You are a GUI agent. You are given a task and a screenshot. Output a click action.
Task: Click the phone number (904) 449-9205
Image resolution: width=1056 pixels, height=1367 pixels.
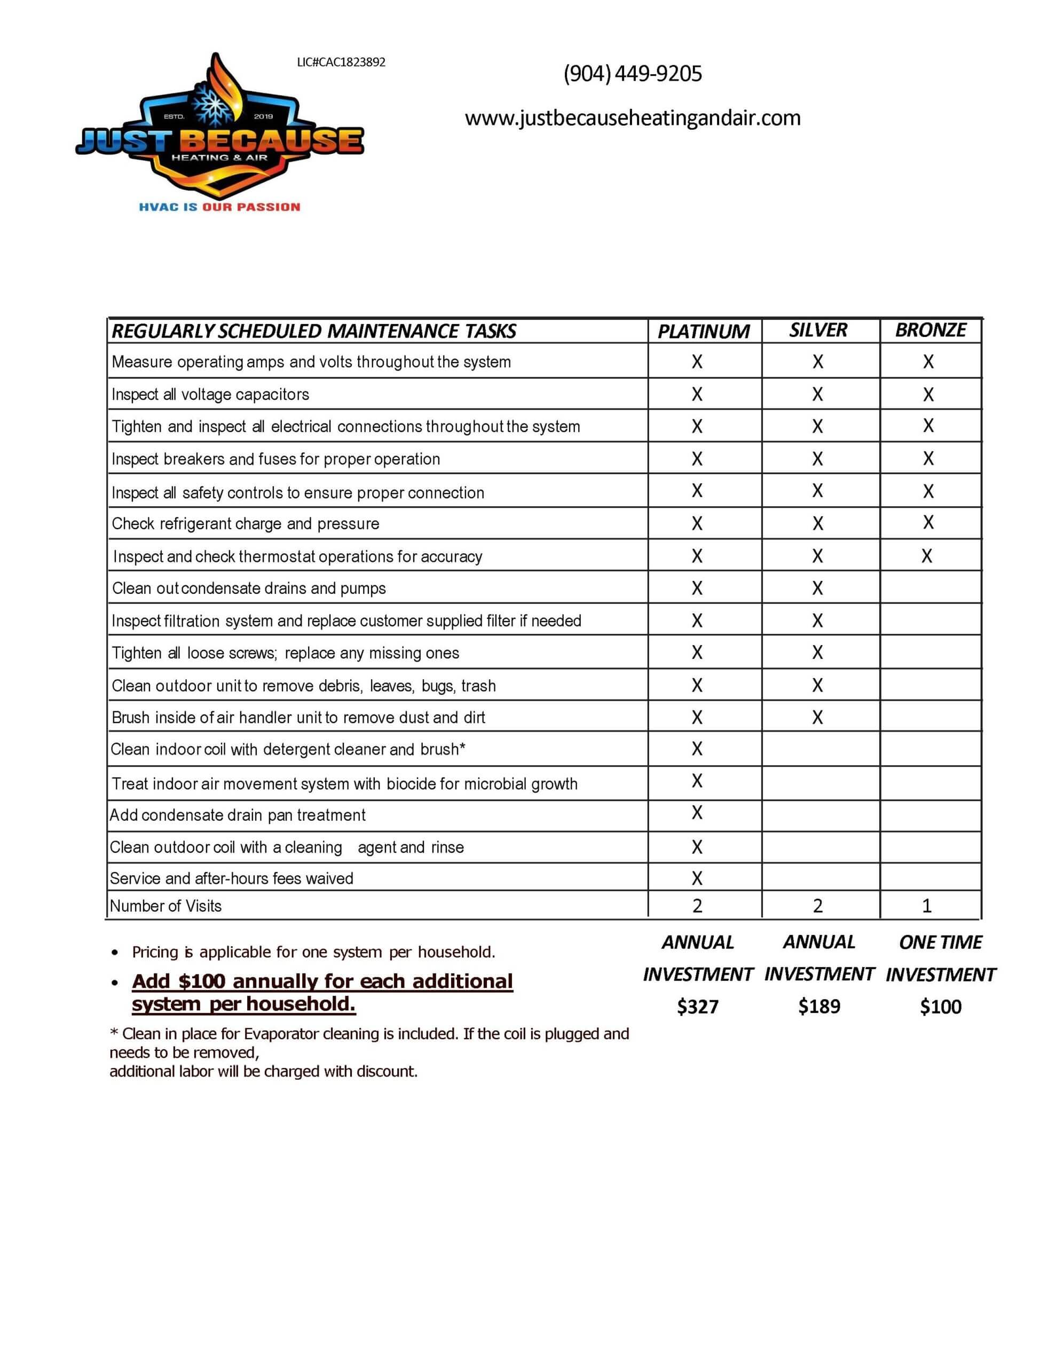pos(632,74)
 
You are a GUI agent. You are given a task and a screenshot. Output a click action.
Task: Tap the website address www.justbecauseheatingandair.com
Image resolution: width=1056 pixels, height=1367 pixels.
pos(632,117)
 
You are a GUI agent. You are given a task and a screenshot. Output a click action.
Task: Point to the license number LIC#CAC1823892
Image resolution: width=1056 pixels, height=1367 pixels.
pos(341,62)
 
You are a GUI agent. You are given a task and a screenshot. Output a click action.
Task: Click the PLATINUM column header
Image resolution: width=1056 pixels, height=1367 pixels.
pos(703,331)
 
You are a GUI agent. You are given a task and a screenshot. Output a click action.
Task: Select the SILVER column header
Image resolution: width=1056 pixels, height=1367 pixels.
pos(817,330)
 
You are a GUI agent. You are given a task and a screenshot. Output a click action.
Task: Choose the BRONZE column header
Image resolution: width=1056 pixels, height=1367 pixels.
pos(930,330)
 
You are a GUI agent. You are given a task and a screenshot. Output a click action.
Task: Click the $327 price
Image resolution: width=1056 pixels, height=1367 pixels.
pos(697,1007)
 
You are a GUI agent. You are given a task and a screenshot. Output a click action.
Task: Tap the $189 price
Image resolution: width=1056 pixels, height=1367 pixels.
pos(819,1007)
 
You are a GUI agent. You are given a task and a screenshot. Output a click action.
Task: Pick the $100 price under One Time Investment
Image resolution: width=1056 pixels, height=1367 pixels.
pos(940,1007)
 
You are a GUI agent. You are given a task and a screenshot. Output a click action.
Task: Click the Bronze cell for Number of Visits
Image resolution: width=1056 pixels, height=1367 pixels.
pos(926,906)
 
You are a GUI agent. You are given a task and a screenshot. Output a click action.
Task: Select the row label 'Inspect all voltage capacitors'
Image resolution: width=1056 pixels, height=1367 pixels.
pos(210,394)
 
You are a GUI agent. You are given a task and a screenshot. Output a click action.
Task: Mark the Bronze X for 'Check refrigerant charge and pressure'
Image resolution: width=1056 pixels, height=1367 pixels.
pos(928,523)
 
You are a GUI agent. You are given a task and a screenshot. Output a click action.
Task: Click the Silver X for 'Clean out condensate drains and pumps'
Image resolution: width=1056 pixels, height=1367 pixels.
pos(817,588)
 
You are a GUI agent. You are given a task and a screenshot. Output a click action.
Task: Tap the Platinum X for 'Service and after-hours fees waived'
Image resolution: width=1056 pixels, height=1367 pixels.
pos(697,878)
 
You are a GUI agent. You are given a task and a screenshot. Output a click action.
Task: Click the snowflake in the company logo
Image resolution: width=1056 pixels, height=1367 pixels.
pos(214,103)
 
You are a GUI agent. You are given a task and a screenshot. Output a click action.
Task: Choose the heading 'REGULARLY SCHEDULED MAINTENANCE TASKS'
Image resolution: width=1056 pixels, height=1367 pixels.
pos(313,331)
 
